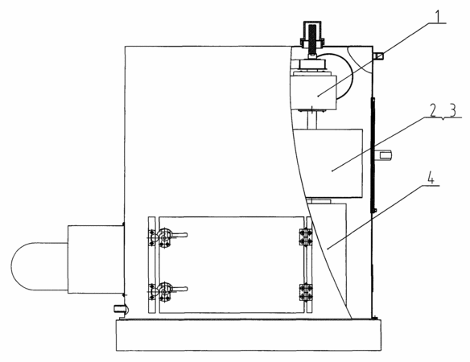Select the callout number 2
(433, 110)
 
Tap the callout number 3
(452, 110)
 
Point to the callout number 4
(431, 179)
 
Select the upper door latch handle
(179, 235)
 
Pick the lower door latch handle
(179, 289)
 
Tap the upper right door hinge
(306, 237)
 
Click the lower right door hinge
(306, 292)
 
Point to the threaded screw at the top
(312, 39)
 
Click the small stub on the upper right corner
(378, 56)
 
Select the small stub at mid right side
(385, 155)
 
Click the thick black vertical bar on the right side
(373, 155)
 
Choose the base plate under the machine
(249, 335)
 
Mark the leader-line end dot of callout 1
(319, 97)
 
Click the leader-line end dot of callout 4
(328, 249)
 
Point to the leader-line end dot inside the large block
(332, 171)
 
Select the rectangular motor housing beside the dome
(96, 259)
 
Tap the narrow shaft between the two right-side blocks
(312, 119)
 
